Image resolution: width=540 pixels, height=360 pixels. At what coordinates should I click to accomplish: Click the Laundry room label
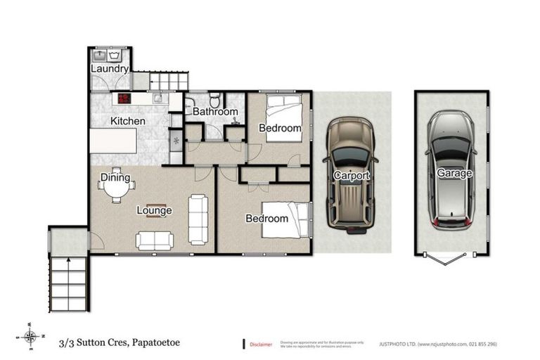pyautogui.click(x=110, y=69)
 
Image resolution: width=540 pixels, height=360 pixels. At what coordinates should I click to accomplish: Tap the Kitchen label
pyautogui.click(x=127, y=121)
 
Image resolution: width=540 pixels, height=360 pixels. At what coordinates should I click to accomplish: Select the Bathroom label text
pyautogui.click(x=215, y=111)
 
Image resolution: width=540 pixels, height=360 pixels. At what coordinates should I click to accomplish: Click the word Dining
pyautogui.click(x=114, y=176)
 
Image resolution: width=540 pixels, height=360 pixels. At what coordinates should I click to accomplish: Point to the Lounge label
pyautogui.click(x=154, y=210)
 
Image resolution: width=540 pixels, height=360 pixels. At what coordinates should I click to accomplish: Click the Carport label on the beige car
pyautogui.click(x=352, y=174)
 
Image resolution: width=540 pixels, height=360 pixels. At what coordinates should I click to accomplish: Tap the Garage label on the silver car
pyautogui.click(x=454, y=172)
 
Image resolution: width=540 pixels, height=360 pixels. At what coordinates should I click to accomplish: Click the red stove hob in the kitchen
pyautogui.click(x=124, y=98)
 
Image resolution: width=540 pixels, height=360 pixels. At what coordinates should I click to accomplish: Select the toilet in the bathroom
pyautogui.click(x=216, y=98)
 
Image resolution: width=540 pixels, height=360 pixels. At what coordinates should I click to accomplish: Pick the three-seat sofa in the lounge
pyautogui.click(x=199, y=219)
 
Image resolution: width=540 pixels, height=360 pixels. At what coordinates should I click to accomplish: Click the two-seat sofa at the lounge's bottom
pyautogui.click(x=155, y=241)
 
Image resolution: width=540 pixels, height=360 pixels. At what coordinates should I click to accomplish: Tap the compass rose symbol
pyautogui.click(x=30, y=336)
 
